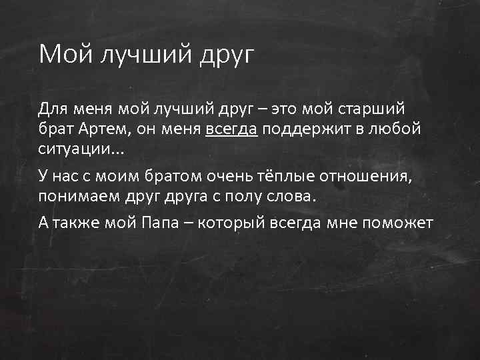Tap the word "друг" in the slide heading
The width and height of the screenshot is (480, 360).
(227, 55)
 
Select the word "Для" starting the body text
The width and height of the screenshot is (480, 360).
(51, 108)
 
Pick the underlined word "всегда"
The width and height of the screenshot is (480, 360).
(231, 129)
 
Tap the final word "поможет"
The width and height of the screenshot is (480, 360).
(402, 223)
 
